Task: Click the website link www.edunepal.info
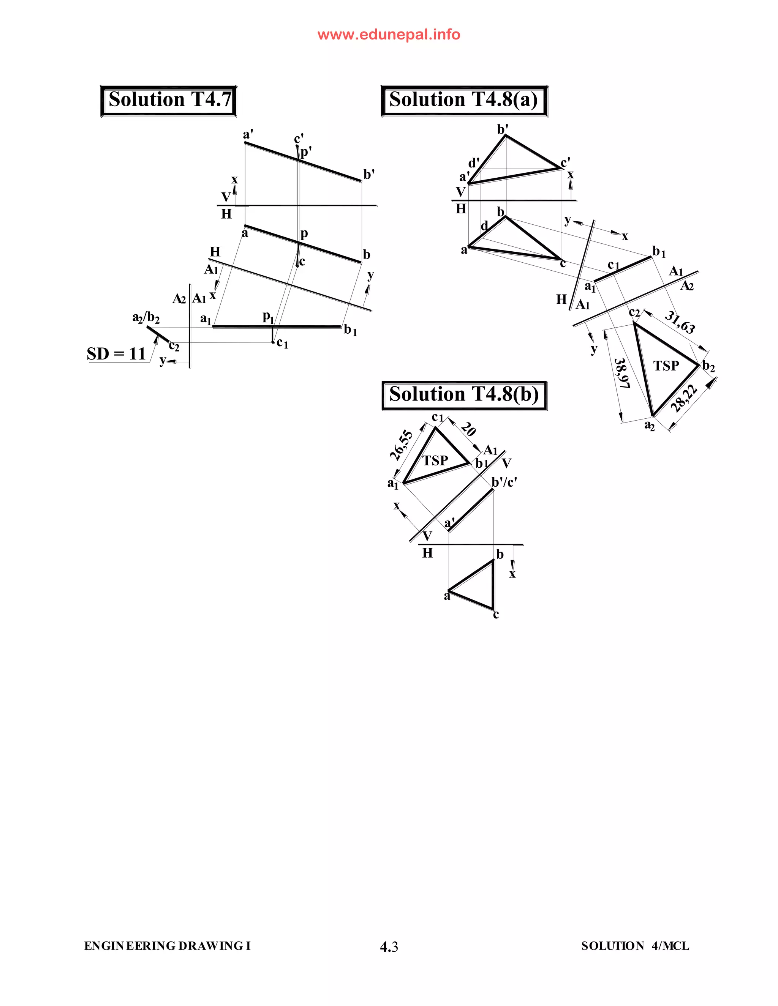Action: pos(389,35)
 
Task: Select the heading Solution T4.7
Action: pos(169,100)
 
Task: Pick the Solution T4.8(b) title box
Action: pos(464,395)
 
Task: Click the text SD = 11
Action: pos(116,354)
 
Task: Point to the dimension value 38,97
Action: pos(622,373)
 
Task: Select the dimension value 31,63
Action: pos(680,322)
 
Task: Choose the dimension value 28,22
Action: pos(684,399)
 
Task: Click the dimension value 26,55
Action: pos(402,445)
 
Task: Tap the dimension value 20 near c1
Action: pos(468,429)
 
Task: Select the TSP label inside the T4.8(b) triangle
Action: pos(435,460)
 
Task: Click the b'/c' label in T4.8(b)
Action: pos(504,482)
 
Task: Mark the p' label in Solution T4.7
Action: pos(306,151)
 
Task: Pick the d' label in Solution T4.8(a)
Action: pos(474,163)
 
